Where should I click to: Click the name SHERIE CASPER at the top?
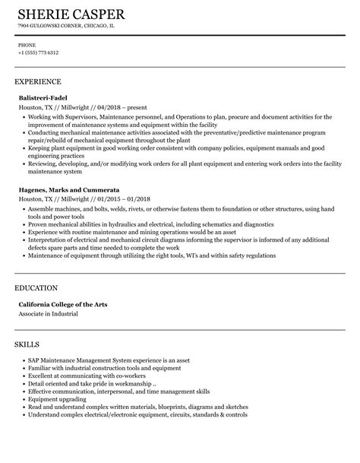(x=71, y=15)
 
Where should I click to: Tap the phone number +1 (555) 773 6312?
(x=39, y=52)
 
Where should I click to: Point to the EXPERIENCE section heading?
(x=38, y=81)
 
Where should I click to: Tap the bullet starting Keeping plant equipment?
(x=175, y=148)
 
